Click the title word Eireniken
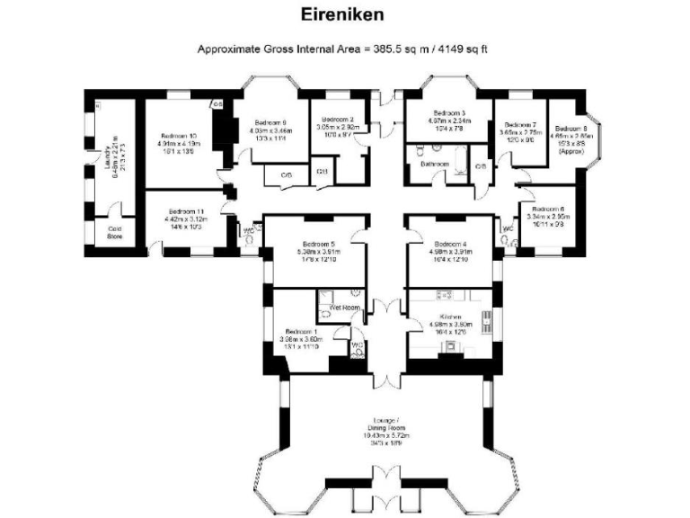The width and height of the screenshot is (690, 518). click(345, 15)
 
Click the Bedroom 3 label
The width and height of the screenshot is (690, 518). click(446, 112)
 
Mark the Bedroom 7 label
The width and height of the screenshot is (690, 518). click(521, 125)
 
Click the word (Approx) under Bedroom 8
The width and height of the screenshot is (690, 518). click(570, 152)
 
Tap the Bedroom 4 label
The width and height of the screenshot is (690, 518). click(451, 244)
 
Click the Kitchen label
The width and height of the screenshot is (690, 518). click(451, 318)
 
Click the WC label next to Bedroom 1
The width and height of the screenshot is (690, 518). click(356, 344)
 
